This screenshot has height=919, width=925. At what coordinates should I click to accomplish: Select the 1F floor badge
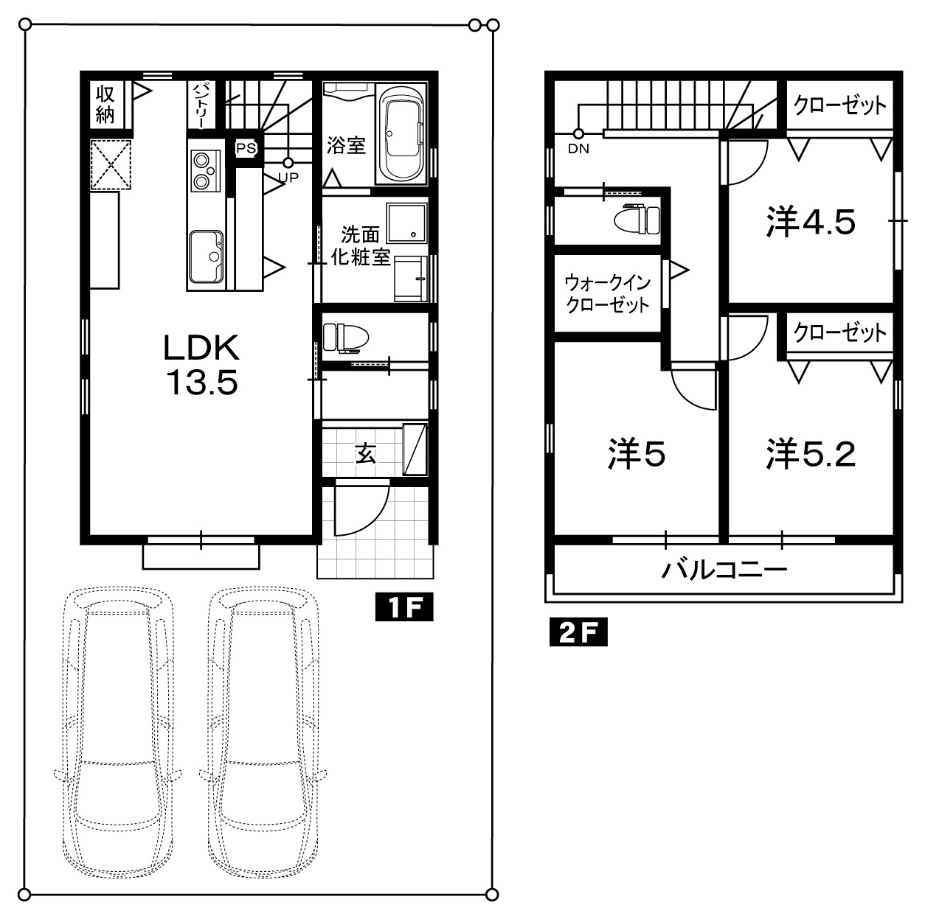pyautogui.click(x=404, y=607)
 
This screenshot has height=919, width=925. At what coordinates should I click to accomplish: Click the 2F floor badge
pyautogui.click(x=578, y=632)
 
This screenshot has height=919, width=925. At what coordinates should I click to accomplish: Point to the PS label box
pyautogui.click(x=246, y=148)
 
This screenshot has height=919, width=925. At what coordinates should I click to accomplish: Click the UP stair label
pyautogui.click(x=288, y=178)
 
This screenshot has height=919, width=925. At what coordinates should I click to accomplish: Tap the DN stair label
pyautogui.click(x=578, y=149)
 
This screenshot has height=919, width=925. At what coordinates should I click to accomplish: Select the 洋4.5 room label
pyautogui.click(x=811, y=222)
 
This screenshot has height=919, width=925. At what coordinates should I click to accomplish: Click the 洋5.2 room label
pyautogui.click(x=811, y=454)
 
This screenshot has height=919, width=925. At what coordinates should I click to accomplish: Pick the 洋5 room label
pyautogui.click(x=637, y=454)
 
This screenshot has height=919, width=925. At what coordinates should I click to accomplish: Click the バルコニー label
pyautogui.click(x=724, y=570)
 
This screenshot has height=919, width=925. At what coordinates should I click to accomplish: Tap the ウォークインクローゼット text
pyautogui.click(x=608, y=293)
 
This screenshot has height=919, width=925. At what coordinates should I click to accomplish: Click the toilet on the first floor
pyautogui.click(x=346, y=338)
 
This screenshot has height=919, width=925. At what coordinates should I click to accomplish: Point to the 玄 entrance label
pyautogui.click(x=365, y=454)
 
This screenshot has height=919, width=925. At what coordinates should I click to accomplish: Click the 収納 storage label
pyautogui.click(x=105, y=105)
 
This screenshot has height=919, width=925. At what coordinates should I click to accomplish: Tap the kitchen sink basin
pyautogui.click(x=207, y=256)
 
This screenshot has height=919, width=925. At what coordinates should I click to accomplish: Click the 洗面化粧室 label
pyautogui.click(x=361, y=246)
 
